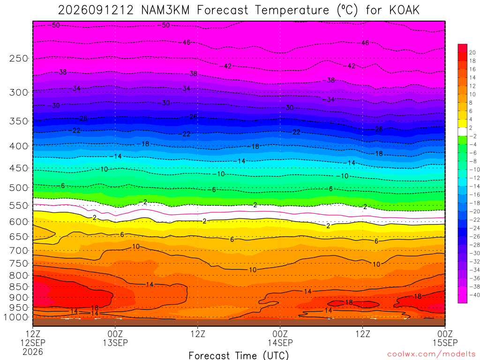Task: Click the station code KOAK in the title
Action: [x=404, y=10]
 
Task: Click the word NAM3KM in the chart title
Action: [x=165, y=10]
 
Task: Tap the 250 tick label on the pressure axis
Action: [x=19, y=58]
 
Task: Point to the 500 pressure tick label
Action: [x=19, y=187]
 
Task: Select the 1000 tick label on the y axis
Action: [x=15, y=317]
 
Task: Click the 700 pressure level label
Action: [x=19, y=251]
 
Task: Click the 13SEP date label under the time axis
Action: [x=115, y=343]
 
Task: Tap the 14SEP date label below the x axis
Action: [x=280, y=343]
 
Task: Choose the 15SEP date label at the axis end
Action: [x=445, y=343]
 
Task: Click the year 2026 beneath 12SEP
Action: [x=33, y=352]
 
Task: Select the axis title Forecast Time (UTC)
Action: [x=239, y=355]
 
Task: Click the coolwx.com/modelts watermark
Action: [x=431, y=354]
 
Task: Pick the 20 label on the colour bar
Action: [x=472, y=52]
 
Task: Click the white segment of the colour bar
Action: [x=463, y=132]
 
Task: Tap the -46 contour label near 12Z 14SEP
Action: [x=364, y=43]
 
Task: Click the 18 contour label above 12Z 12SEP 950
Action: [x=95, y=308]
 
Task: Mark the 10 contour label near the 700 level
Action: [x=136, y=247]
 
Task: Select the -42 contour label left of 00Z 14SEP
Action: [x=226, y=66]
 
